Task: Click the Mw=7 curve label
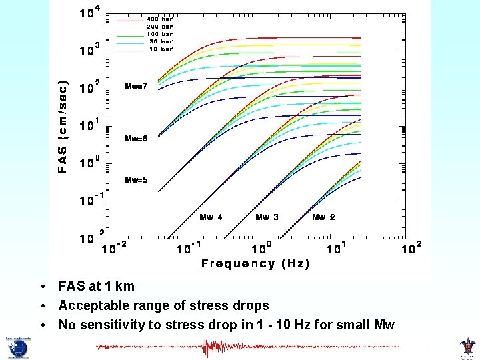point(136,86)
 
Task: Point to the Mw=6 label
point(136,139)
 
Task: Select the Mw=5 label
point(136,180)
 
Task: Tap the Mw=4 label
point(211,217)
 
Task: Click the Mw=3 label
point(267,217)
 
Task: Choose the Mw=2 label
point(323,217)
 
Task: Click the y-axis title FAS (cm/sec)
point(63,127)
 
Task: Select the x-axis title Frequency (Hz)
point(255,263)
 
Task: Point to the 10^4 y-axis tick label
point(89,12)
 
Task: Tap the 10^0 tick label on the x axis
point(261,247)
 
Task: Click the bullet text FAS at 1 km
point(96,287)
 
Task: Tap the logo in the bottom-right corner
point(467,347)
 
